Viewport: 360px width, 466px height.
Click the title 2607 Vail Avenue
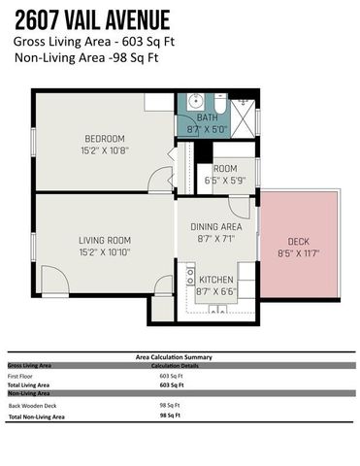click(x=92, y=19)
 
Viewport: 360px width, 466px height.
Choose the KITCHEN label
click(x=214, y=278)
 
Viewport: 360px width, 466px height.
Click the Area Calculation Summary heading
click(x=180, y=357)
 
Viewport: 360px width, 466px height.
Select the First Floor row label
click(x=21, y=375)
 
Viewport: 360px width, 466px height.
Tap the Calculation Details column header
click(x=180, y=366)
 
